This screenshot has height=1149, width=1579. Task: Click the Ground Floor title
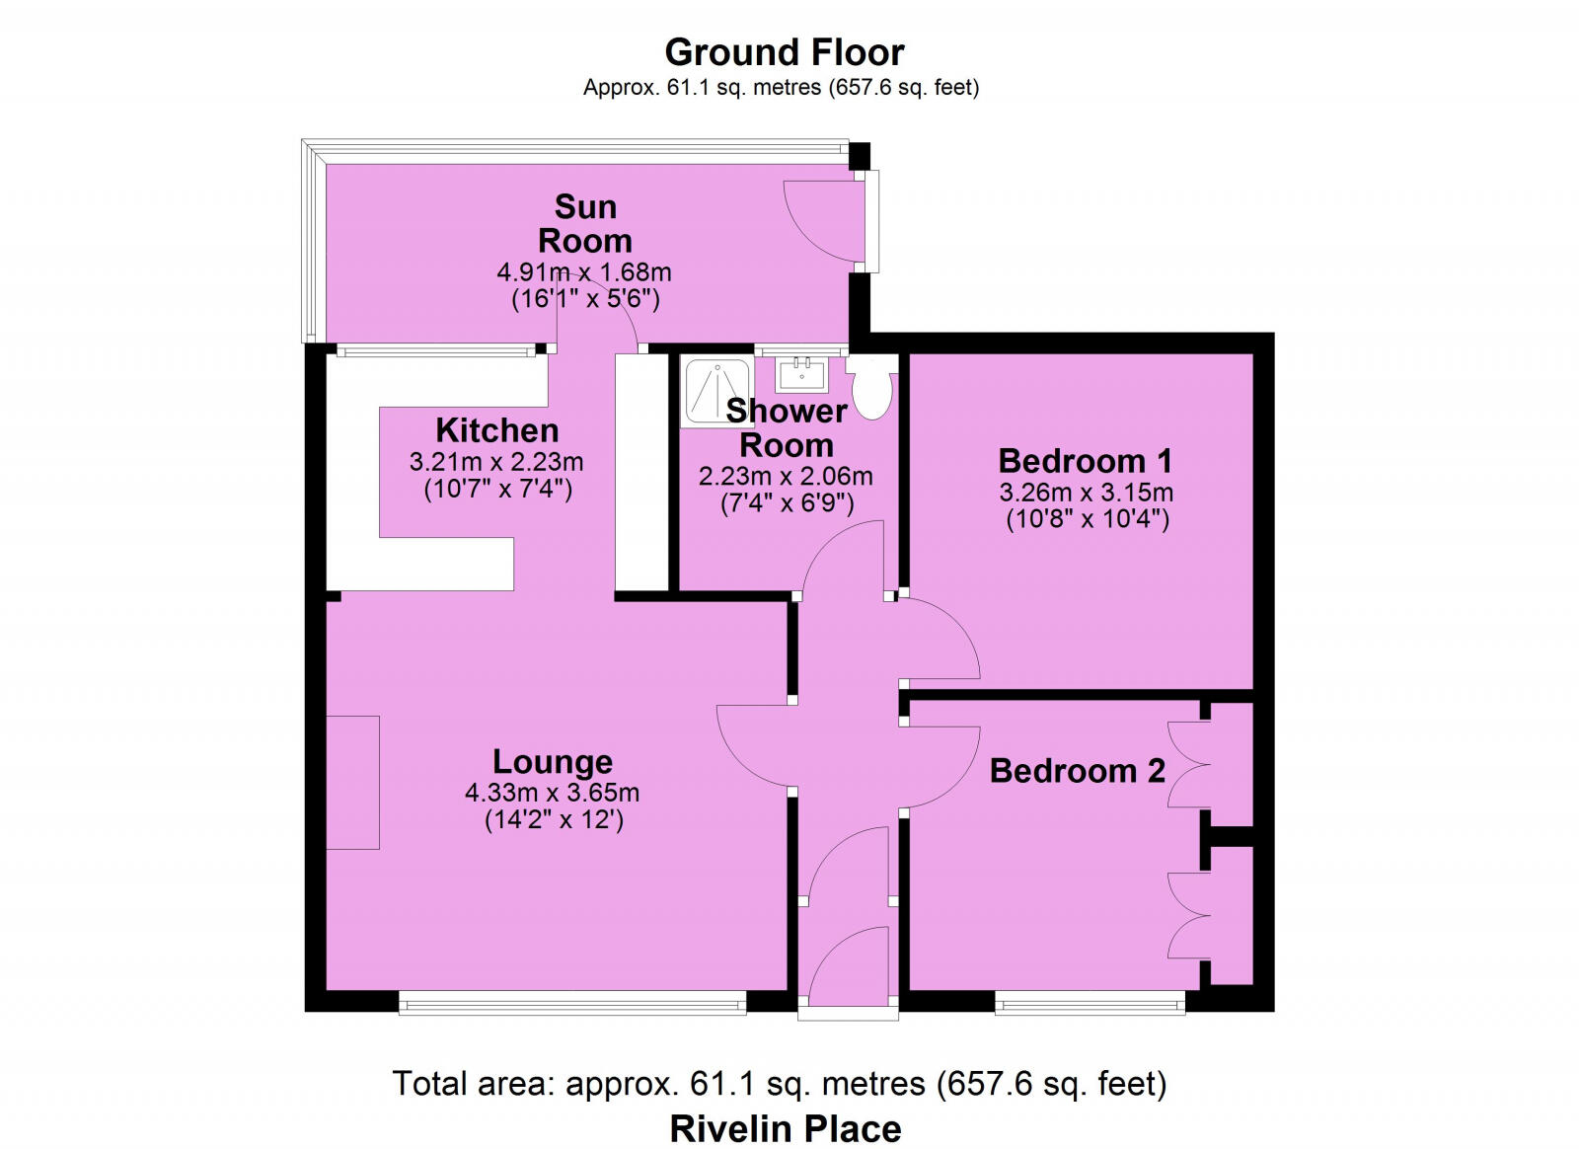point(784,51)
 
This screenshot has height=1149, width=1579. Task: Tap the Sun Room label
point(585,223)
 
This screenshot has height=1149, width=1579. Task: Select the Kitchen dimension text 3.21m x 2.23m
point(496,461)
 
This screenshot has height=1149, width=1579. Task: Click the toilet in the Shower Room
point(872,389)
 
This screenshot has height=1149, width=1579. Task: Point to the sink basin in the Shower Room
point(800,374)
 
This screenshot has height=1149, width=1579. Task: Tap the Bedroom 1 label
point(1085,461)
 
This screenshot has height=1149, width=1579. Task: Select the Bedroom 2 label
point(1078,770)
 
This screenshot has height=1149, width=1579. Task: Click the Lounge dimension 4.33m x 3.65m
point(552,792)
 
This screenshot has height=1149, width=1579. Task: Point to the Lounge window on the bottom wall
point(572,1004)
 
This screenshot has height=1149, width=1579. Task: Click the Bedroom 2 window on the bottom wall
point(1090,1004)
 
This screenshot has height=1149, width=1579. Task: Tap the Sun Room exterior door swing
point(819,222)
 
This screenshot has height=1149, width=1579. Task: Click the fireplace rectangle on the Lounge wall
point(352,782)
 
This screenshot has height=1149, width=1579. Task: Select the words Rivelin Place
point(785,1128)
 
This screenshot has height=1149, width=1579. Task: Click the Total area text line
point(780,1084)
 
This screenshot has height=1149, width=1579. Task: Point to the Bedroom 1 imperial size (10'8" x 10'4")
point(1087,519)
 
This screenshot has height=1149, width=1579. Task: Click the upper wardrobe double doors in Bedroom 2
point(1188,765)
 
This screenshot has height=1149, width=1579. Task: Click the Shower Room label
point(787,427)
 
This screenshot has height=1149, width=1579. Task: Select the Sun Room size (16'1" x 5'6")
point(585,299)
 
